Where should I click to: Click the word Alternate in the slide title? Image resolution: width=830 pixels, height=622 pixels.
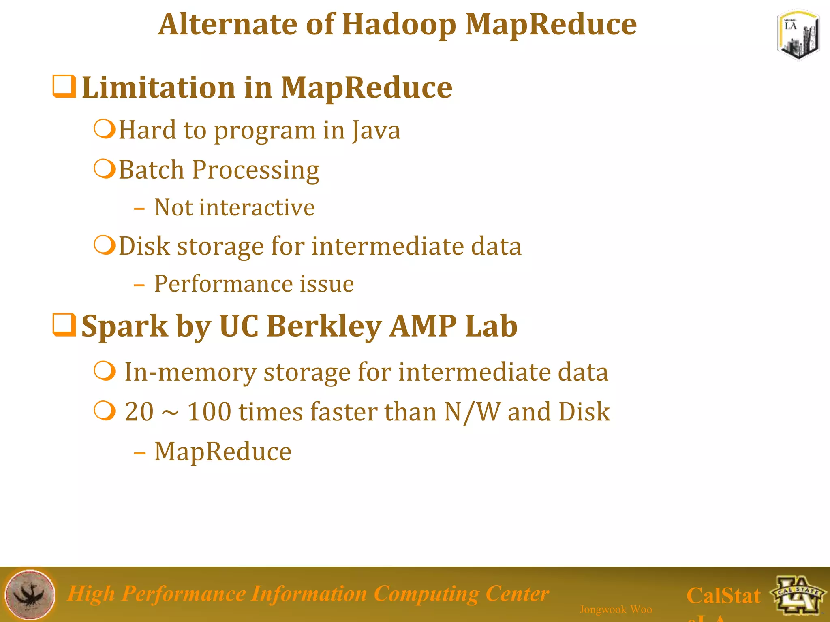pos(227,24)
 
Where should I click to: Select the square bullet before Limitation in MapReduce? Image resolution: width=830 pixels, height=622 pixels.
pos(64,86)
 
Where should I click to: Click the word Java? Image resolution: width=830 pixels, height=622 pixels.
pos(376,130)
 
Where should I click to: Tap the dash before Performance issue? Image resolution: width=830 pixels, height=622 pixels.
pos(139,285)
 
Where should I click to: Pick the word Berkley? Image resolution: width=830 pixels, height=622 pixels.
pos(324,326)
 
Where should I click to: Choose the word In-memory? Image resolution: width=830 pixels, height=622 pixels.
pos(190,372)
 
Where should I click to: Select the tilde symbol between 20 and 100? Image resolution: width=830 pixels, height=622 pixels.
pos(170,413)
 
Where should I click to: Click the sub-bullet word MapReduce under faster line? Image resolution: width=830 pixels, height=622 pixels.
pos(223,452)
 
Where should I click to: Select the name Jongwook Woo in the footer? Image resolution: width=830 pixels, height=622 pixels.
pos(616,609)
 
